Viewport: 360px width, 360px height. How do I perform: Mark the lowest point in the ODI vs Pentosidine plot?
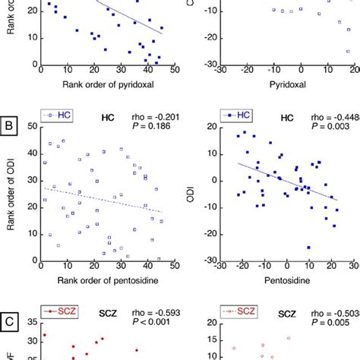click(308, 247)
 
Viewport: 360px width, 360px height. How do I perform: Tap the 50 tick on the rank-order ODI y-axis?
click(29, 128)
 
